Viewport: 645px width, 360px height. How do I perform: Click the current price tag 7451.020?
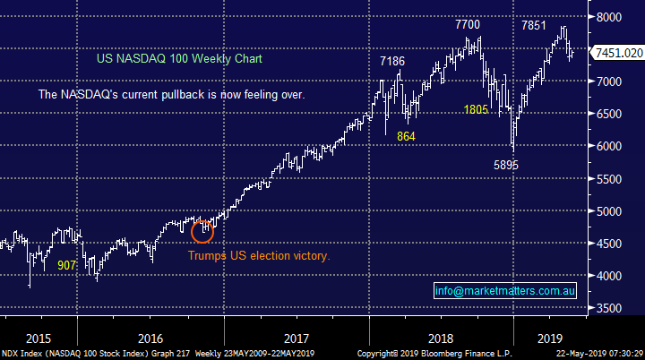(x=619, y=54)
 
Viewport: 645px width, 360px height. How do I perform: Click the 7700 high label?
(x=468, y=25)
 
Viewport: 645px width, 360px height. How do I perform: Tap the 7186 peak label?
(x=392, y=61)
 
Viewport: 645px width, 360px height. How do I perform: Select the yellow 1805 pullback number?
(x=476, y=109)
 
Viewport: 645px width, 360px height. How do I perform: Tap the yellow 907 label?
(x=66, y=264)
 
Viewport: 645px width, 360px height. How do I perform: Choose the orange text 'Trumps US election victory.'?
(x=259, y=255)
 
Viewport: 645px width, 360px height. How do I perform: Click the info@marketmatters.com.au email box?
(x=505, y=290)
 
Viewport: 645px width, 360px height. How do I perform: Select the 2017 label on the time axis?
(x=297, y=339)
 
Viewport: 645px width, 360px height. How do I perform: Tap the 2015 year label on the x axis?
(x=38, y=339)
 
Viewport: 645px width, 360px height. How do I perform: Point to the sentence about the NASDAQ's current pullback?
(x=171, y=94)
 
